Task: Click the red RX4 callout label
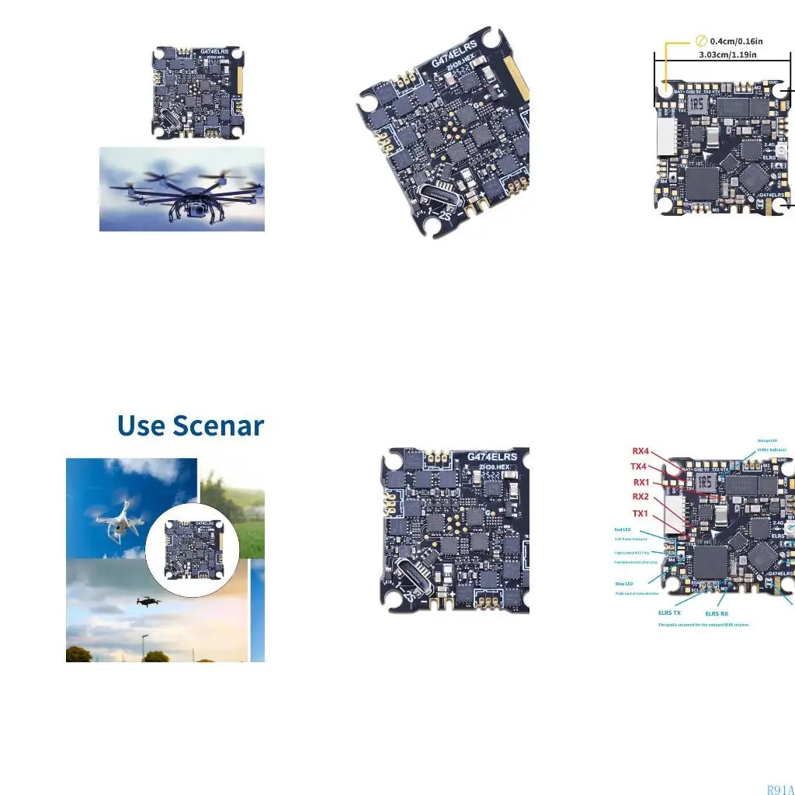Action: coord(641,451)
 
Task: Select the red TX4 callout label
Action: coord(639,467)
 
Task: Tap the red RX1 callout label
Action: coord(641,482)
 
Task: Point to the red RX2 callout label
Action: coord(641,497)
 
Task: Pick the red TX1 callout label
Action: coord(641,513)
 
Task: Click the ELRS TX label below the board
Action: coord(669,613)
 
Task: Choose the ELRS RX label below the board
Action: coord(717,613)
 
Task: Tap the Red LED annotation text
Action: coord(623,530)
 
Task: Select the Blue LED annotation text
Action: coord(623,583)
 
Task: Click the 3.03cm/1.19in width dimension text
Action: coord(727,54)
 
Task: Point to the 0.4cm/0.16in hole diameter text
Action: coord(736,40)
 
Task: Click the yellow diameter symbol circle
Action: coord(701,40)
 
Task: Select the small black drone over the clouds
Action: coord(148,601)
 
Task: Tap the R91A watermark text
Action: coord(779,790)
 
